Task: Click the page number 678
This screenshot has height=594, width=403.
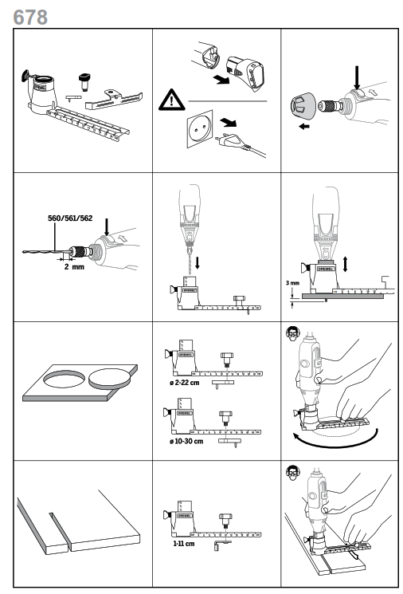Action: [x=24, y=14]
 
